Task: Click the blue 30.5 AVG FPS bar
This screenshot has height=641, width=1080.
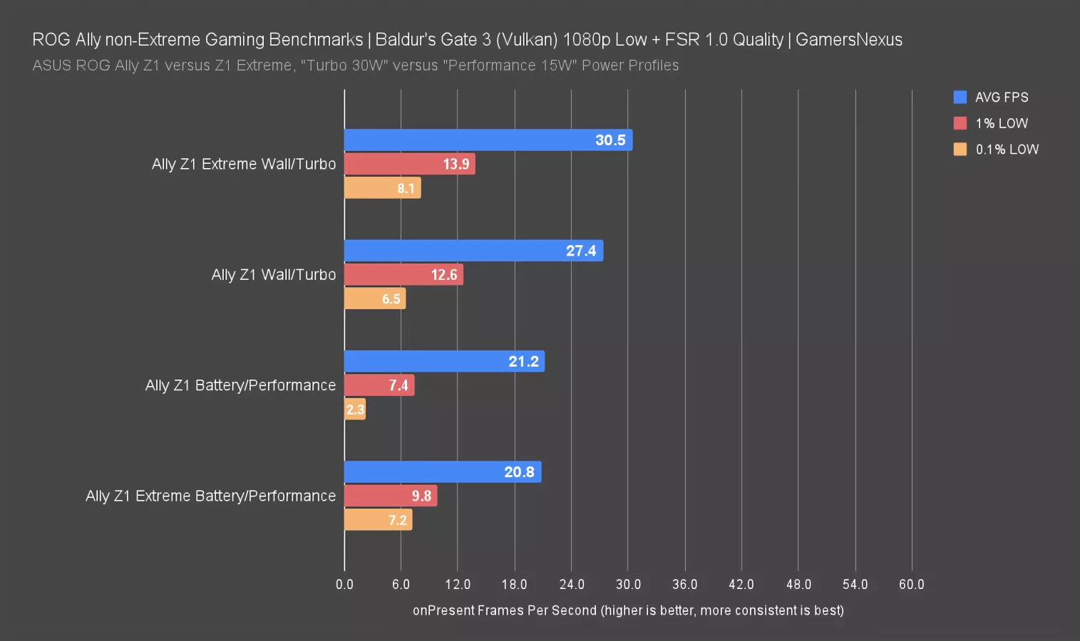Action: point(488,140)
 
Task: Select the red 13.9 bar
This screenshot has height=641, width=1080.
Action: point(409,164)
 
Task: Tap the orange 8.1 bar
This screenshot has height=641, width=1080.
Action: point(382,188)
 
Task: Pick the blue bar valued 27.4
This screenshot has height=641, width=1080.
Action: point(473,251)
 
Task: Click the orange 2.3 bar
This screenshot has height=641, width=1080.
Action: point(354,410)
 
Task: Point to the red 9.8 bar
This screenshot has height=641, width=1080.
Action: point(390,496)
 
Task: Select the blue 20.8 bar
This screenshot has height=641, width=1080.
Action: point(442,472)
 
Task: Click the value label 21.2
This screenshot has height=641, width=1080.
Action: point(523,362)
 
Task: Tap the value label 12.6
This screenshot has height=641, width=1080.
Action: point(443,275)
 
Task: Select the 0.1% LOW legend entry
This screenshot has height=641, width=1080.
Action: point(996,150)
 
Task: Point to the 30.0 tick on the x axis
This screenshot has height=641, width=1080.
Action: point(628,585)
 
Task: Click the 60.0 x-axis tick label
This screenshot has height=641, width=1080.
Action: point(911,585)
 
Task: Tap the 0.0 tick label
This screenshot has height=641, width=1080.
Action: point(344,585)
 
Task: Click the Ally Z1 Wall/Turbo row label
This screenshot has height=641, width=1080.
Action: point(273,275)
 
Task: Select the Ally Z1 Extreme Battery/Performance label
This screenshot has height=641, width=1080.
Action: point(210,496)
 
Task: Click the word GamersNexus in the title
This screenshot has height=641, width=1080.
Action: point(848,40)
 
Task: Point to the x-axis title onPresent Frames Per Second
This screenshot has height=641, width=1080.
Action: point(628,610)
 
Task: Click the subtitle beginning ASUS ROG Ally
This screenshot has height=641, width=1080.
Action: point(355,66)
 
